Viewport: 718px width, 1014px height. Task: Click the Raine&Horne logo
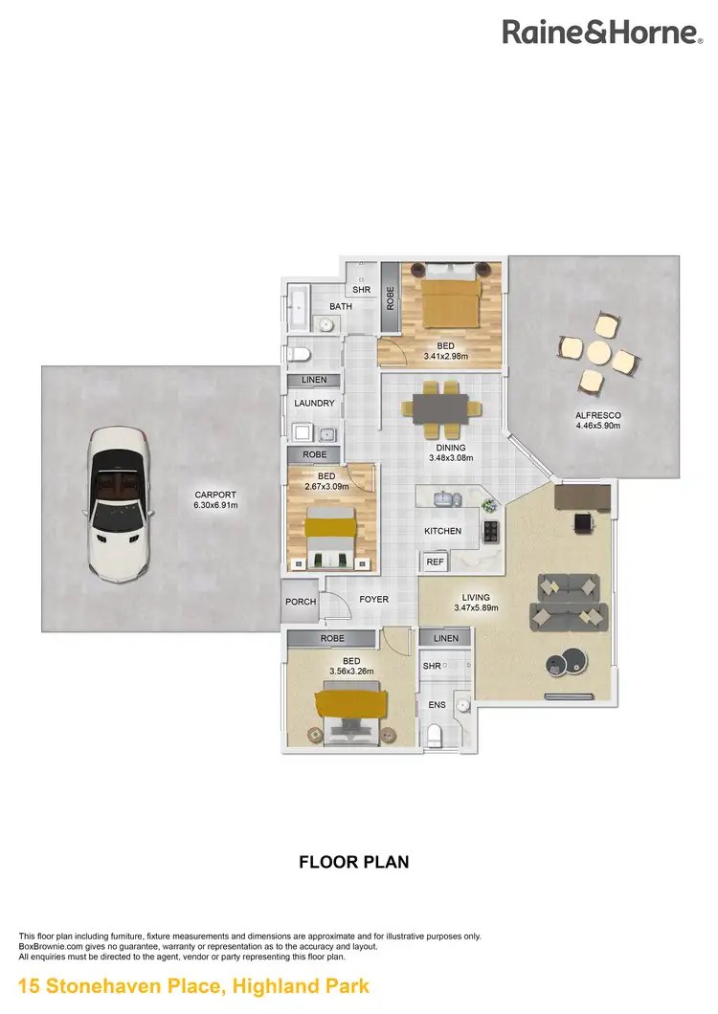coord(602,33)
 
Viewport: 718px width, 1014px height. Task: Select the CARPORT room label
coord(213,495)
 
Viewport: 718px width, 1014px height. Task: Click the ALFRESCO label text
coord(598,416)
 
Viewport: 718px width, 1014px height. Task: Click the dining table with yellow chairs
coord(440,407)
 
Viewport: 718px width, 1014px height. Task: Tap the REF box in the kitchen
coord(435,562)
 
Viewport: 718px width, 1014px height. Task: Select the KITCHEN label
coord(443,531)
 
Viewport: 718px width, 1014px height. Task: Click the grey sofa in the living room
coord(570,603)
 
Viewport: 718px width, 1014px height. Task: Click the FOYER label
coord(373,600)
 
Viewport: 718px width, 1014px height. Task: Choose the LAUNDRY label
coord(314,404)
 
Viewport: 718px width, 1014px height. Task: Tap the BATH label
coord(341,306)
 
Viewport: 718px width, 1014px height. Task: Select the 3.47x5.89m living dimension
coord(475,607)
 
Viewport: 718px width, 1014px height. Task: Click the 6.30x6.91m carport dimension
coord(214,505)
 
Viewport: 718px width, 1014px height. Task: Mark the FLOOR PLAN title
coord(354,862)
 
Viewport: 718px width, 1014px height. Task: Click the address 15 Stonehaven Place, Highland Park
coord(193,985)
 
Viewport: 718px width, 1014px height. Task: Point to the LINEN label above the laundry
coord(314,380)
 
